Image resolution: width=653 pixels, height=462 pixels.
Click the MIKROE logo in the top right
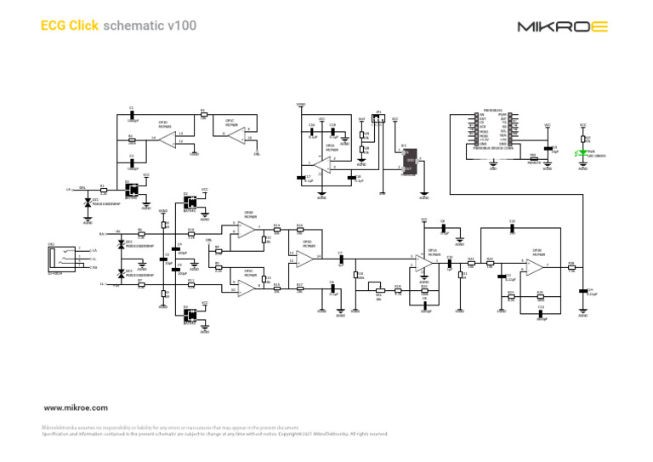coord(564,26)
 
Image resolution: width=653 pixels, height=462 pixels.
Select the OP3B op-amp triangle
coord(535,267)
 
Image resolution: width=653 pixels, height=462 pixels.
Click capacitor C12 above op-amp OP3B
coord(512,227)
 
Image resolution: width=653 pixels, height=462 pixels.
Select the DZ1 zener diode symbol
coord(88,203)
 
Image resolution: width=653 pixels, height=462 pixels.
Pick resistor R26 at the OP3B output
coord(571,267)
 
